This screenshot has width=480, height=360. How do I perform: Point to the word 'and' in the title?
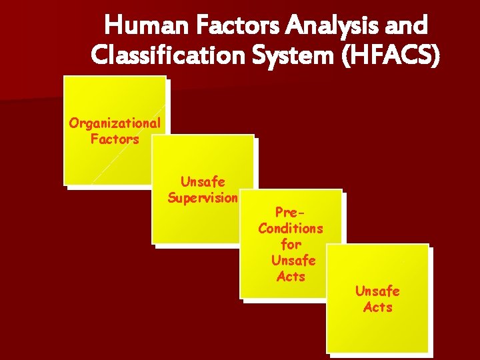[405, 27]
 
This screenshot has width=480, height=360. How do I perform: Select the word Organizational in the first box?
[115, 123]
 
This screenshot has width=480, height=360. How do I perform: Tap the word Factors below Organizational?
[115, 139]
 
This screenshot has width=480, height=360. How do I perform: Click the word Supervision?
[203, 198]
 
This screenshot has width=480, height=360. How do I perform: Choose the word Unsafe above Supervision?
[203, 182]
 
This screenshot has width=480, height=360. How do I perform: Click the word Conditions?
[291, 229]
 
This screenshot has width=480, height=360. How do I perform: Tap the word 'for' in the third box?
[291, 245]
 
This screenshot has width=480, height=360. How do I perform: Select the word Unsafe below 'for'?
[293, 261]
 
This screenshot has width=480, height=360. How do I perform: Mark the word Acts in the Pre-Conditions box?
[291, 277]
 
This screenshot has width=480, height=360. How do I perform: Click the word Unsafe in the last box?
[377, 291]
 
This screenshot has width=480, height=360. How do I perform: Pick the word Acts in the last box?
[377, 307]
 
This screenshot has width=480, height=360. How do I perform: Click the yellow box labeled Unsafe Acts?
[377, 327]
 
